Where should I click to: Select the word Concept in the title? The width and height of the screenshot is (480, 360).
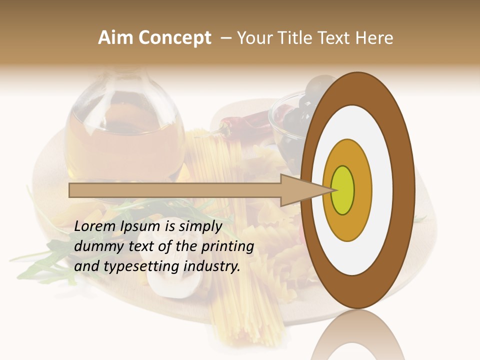tap(175, 38)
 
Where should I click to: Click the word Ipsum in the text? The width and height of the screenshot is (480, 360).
tap(141, 226)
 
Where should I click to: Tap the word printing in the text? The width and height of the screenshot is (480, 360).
tap(227, 246)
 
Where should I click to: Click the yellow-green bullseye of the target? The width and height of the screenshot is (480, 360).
tap(343, 190)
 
